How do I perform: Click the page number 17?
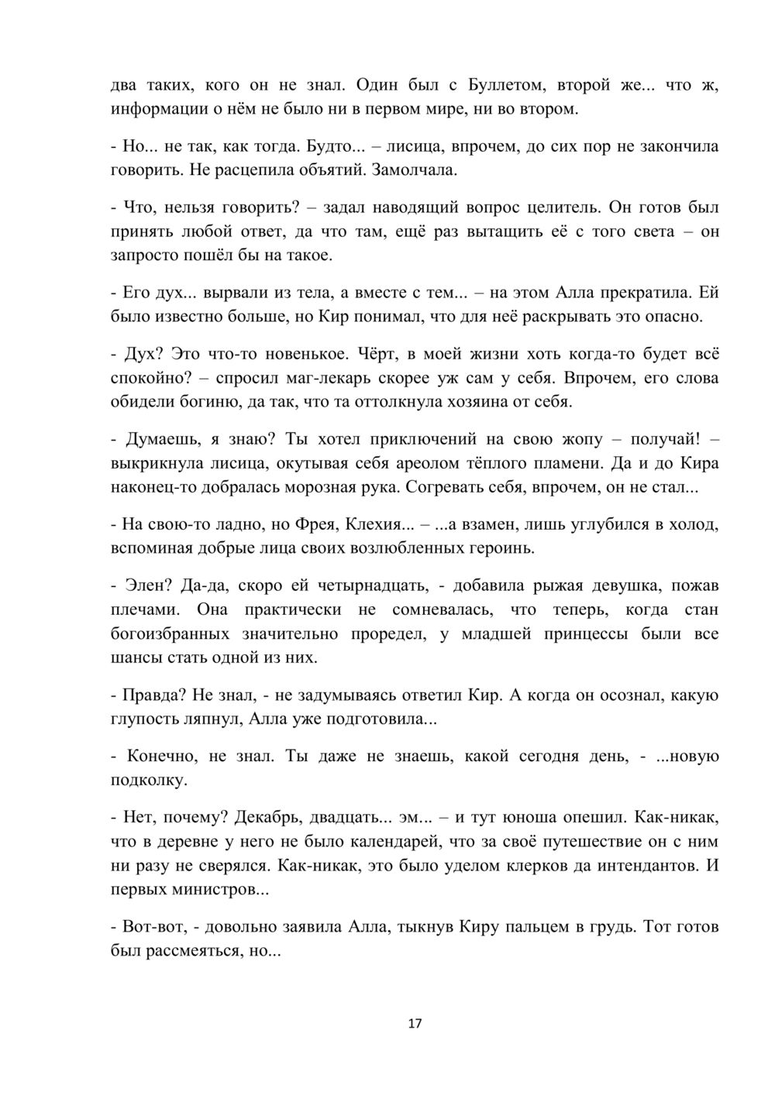point(415,1024)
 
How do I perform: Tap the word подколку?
point(148,781)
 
